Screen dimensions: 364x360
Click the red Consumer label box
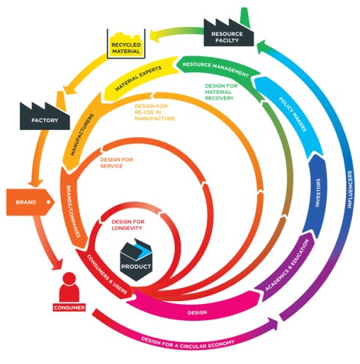point(69,308)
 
